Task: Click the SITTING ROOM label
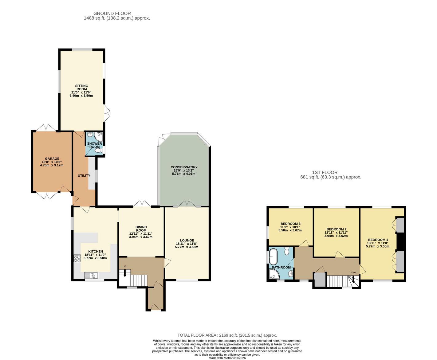(x=82, y=88)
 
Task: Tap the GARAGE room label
(x=52, y=158)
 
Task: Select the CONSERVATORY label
(x=184, y=167)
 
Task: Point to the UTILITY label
(x=84, y=175)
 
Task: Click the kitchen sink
(x=91, y=275)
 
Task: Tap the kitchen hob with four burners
(x=77, y=258)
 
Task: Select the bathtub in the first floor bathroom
(x=273, y=257)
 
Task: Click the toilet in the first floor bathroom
(x=287, y=251)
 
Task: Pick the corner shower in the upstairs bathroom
(x=274, y=274)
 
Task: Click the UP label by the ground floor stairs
(x=125, y=266)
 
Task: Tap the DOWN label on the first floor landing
(x=353, y=272)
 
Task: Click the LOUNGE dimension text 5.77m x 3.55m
(x=187, y=247)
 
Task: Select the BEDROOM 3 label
(x=290, y=224)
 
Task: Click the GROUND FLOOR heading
(x=112, y=14)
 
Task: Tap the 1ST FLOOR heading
(x=325, y=172)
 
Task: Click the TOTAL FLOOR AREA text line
(x=227, y=335)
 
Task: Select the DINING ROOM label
(x=141, y=229)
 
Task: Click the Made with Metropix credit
(x=227, y=358)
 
